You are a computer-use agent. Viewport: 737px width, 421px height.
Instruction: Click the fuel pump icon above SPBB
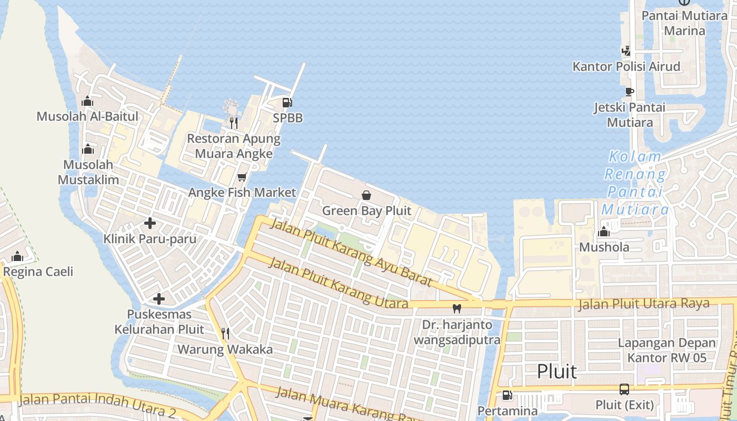point(287,103)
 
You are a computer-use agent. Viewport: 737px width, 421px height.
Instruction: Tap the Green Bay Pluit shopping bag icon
point(366,195)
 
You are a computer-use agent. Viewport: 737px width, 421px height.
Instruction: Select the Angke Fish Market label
point(242,193)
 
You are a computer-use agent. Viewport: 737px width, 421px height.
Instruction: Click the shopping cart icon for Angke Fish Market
point(242,177)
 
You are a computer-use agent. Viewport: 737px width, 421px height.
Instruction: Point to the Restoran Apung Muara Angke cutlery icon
point(233,123)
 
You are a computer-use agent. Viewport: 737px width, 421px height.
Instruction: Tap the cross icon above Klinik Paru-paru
point(150,224)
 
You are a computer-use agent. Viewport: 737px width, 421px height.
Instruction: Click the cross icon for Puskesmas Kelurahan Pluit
point(159,299)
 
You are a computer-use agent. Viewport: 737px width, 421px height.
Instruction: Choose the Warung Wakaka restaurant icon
point(225,333)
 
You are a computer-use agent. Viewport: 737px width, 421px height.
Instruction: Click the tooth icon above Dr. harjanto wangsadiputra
point(457,309)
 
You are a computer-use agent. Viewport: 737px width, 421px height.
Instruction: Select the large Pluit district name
point(557,372)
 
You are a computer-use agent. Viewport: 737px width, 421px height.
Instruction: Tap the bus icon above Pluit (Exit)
point(624,389)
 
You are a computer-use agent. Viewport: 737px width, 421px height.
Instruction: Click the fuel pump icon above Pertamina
point(507,395)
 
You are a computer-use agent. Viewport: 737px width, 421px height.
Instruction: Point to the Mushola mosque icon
point(604,232)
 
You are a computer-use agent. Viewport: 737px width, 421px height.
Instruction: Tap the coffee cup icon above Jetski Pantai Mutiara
point(629,92)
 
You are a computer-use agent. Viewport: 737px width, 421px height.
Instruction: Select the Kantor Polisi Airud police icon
point(626,51)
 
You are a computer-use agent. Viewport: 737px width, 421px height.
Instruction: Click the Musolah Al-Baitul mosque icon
point(87,101)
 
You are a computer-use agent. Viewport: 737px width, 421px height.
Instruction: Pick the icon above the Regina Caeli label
point(17,256)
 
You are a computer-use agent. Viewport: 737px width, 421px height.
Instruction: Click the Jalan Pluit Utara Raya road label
point(643,304)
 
